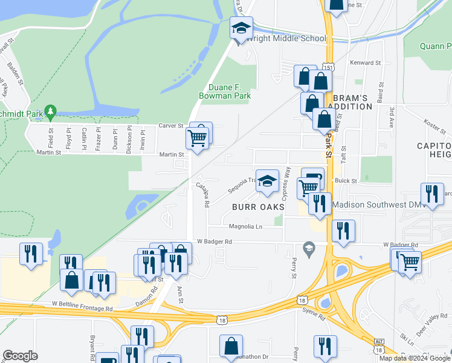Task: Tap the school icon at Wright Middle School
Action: (241, 28)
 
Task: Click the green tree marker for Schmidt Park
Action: (51, 112)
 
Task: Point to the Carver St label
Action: (170, 126)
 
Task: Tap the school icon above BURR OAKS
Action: (266, 181)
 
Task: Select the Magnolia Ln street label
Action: (246, 227)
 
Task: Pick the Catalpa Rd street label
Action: (202, 195)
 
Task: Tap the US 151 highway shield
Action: (328, 67)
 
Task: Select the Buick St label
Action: (346, 181)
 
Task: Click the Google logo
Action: (20, 356)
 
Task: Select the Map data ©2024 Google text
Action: (415, 358)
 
